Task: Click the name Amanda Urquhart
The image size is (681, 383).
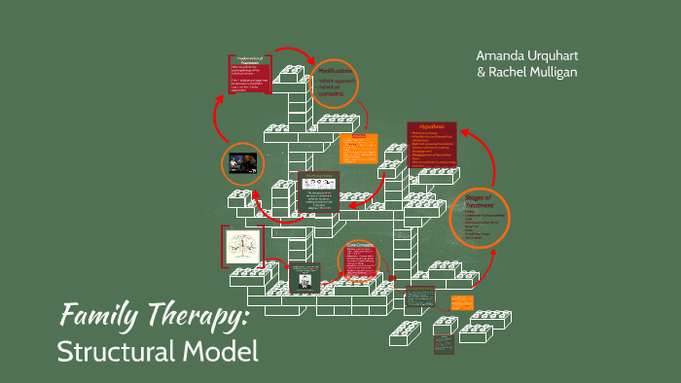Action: [x=526, y=54]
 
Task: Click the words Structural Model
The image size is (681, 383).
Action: [x=159, y=350]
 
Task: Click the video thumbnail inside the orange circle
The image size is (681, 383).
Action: [x=242, y=162]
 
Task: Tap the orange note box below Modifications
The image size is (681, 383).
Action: [x=351, y=147]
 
